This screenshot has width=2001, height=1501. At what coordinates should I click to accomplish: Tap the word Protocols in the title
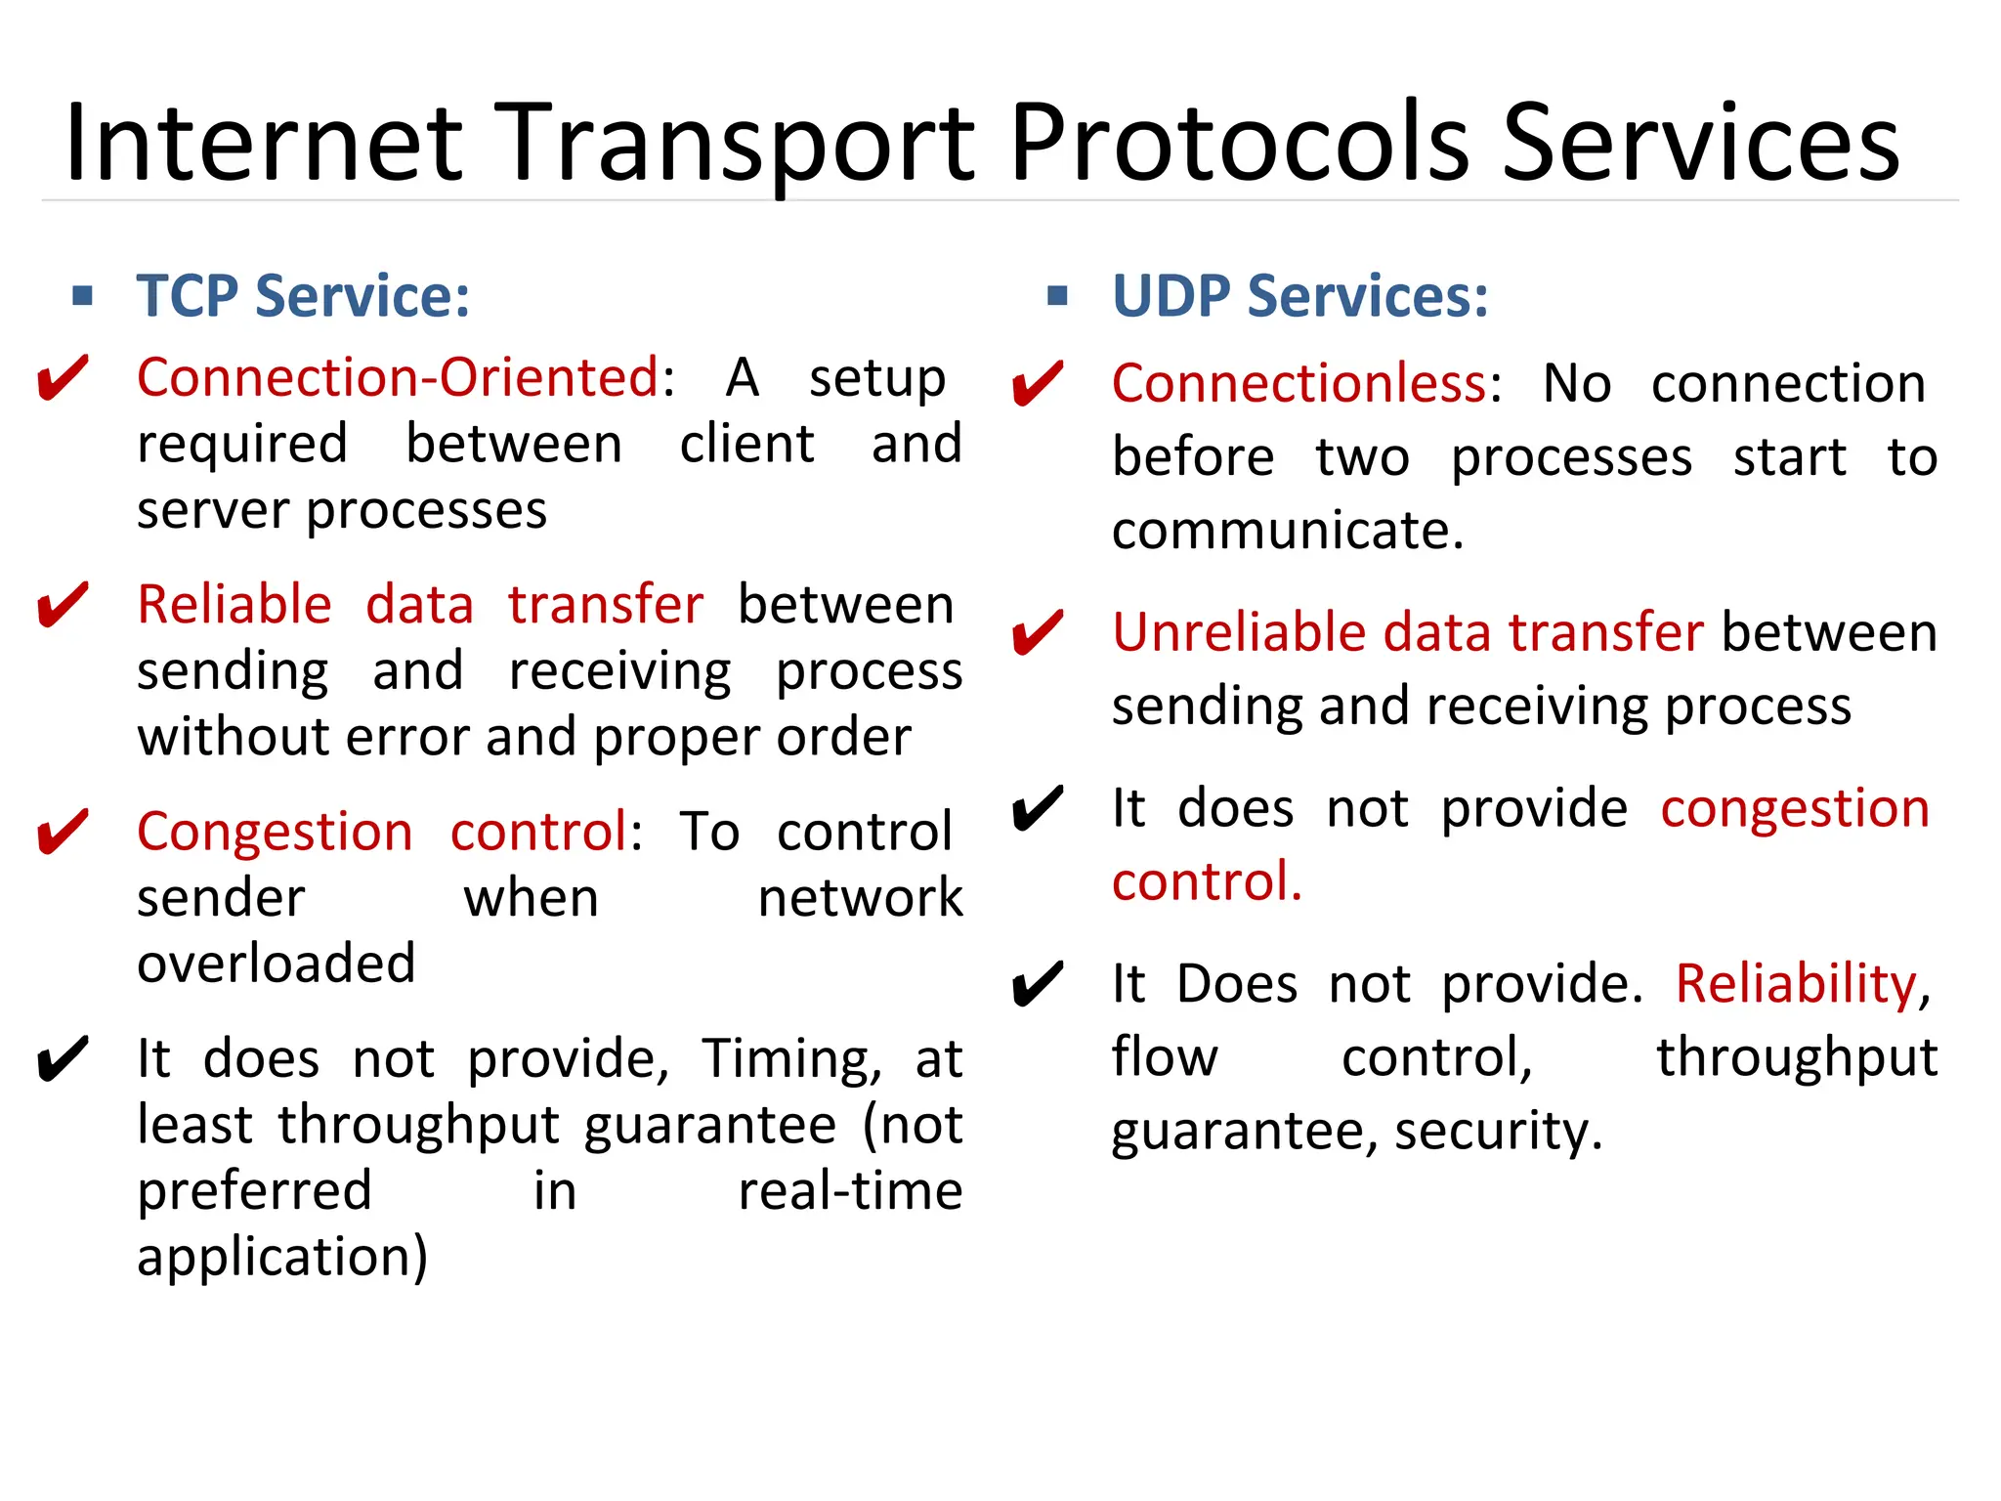coord(1239,145)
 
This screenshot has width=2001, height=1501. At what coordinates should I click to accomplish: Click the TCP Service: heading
coord(303,296)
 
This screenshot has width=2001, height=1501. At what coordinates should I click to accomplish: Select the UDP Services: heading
coord(1299,296)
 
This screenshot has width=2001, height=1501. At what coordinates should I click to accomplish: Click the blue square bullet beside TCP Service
coord(83,295)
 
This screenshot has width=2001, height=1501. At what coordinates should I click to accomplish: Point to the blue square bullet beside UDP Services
coord(1056,295)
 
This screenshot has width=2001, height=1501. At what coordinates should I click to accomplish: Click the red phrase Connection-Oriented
coord(398,377)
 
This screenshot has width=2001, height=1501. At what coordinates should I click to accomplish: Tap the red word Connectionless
coord(1299,383)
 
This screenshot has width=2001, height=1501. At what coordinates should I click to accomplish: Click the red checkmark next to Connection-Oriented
coord(63,379)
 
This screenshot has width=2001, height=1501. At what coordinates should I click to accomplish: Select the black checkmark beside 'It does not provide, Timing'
coord(63,1059)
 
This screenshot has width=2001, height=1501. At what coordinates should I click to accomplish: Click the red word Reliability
coord(1797,983)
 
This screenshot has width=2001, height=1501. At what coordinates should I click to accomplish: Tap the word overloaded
coord(277,964)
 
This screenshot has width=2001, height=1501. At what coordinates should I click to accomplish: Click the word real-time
coord(850,1191)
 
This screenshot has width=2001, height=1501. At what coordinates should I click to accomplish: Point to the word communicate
coord(1286,531)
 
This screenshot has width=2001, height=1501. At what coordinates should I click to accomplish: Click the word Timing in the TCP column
coord(786,1059)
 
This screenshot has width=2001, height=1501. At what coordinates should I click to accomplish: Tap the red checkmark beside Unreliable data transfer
coord(1037,633)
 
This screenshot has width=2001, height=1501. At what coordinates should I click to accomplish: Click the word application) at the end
coord(282,1258)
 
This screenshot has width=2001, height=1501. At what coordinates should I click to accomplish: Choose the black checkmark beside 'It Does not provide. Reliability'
coord(1037,985)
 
